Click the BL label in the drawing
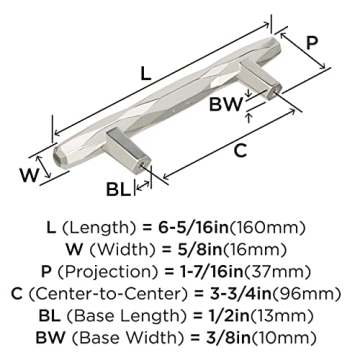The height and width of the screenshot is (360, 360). [x=121, y=188]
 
